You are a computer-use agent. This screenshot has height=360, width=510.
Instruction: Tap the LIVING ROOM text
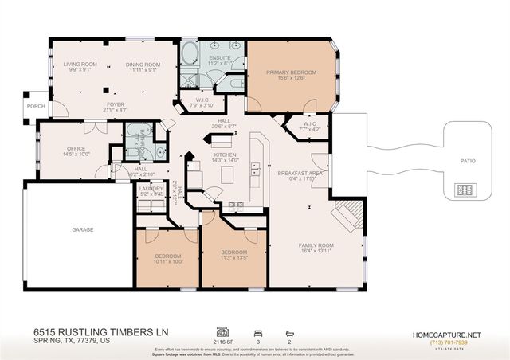(80, 64)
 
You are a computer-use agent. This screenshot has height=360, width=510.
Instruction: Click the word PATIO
(468, 162)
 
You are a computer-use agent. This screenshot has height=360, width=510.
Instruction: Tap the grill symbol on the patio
(464, 190)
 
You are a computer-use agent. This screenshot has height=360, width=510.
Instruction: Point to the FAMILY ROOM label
(316, 245)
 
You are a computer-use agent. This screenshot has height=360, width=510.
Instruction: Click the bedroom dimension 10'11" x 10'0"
(168, 260)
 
